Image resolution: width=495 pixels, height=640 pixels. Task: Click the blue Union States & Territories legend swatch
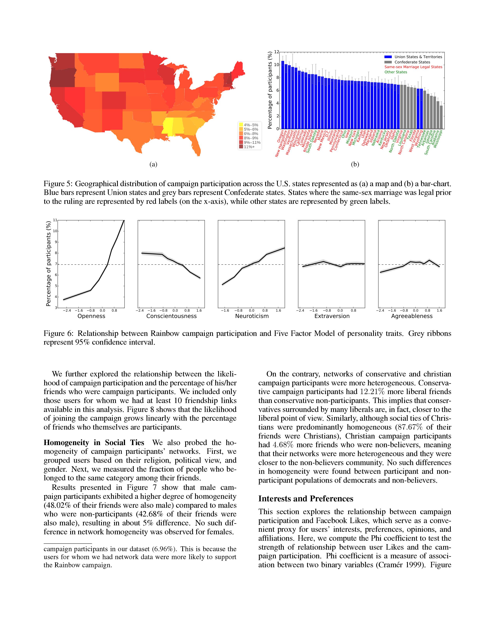[x=388, y=57]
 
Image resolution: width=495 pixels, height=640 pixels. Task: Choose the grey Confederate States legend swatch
[x=388, y=62]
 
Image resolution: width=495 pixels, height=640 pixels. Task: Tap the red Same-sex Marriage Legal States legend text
[x=413, y=67]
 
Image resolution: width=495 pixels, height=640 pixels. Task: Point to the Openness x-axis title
[x=91, y=316]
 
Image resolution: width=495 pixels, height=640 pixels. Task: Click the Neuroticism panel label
[x=252, y=316]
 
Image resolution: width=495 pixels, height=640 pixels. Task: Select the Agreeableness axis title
[x=412, y=316]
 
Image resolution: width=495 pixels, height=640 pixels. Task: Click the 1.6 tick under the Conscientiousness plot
[x=199, y=310]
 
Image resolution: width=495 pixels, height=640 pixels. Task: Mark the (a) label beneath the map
[x=153, y=164]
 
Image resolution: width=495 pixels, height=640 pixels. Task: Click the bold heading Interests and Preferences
[x=306, y=499]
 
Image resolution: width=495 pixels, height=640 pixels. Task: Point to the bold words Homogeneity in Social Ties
[x=94, y=443]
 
